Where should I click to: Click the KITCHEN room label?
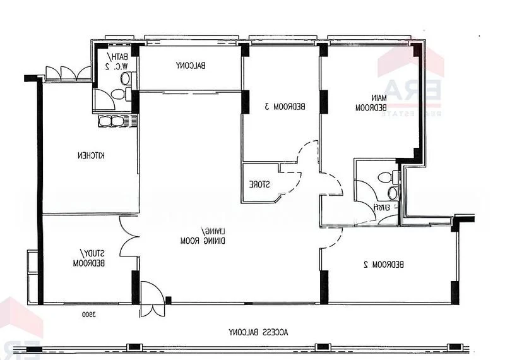[91, 155]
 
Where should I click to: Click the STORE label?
[259, 184]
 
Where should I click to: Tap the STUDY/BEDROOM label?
[88, 258]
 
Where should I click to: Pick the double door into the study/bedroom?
[129, 237]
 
